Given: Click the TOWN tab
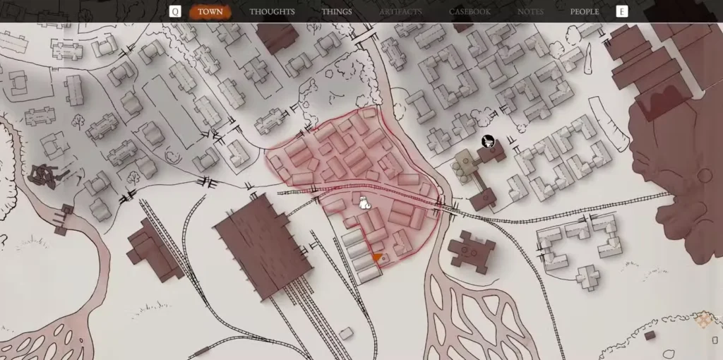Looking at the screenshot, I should (210, 11).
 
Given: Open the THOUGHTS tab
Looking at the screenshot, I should (272, 11).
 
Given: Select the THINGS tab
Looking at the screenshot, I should (337, 11).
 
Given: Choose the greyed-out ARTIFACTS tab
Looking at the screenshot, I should (400, 11).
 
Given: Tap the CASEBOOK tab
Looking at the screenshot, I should (470, 11).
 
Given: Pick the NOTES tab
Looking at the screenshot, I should (530, 11).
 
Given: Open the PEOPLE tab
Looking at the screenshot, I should (585, 11).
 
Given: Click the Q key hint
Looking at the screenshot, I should (175, 11).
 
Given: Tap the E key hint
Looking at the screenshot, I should (621, 11).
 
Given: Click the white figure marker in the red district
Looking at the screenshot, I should (364, 203).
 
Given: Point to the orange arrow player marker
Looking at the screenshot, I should (378, 258).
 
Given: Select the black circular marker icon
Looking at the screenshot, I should (487, 142).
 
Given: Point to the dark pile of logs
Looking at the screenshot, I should (47, 174).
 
